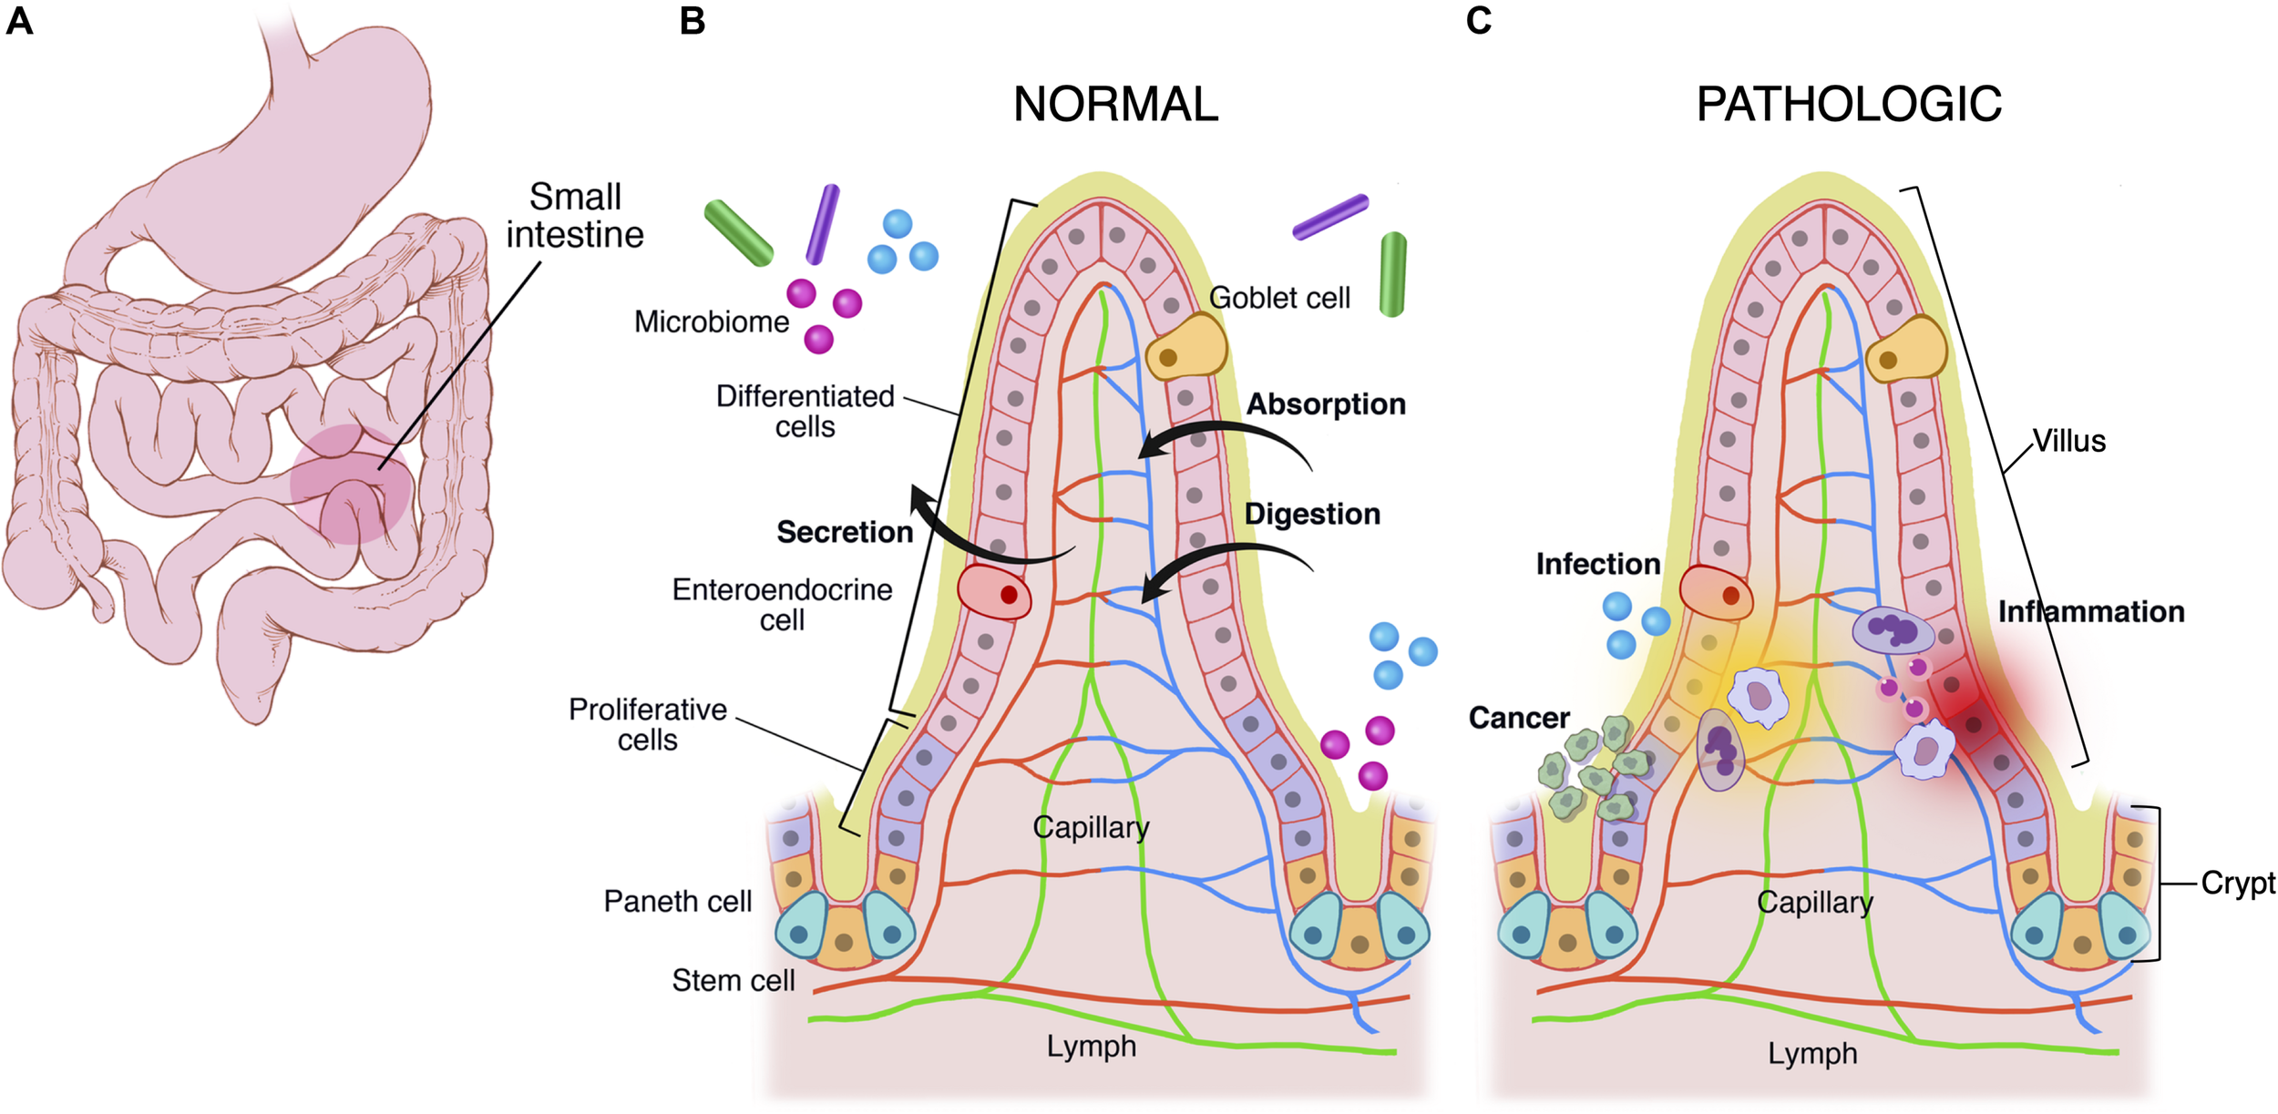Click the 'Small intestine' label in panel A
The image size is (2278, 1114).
tap(575, 216)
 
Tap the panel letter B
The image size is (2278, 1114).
tap(692, 20)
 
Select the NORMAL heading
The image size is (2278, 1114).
tap(1115, 104)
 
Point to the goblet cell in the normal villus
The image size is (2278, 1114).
tap(1185, 348)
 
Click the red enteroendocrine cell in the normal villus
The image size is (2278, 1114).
tap(994, 592)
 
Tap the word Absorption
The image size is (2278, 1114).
tap(1325, 404)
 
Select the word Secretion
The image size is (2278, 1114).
tap(844, 532)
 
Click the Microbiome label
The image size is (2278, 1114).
tap(711, 322)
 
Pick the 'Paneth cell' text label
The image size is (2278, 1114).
tap(677, 901)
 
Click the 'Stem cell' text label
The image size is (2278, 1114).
tap(733, 980)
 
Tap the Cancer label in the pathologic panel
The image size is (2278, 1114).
tap(1518, 718)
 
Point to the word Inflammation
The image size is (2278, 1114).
tap(2090, 611)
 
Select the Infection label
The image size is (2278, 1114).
tap(1597, 564)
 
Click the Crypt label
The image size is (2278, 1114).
tap(2237, 883)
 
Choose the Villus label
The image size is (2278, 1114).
tap(2069, 441)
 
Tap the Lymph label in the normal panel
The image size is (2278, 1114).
tap(1091, 1046)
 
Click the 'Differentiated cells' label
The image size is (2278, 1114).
tap(805, 411)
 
